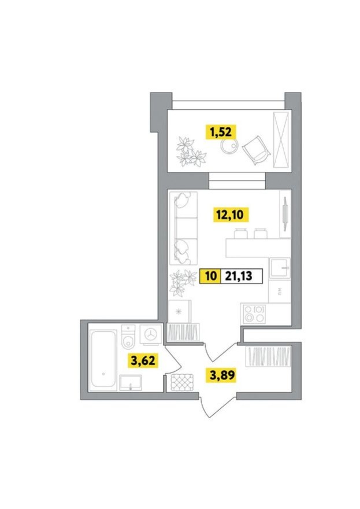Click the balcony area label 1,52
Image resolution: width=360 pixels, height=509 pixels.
(x=221, y=132)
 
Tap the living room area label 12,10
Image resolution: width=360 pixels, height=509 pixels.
(x=231, y=215)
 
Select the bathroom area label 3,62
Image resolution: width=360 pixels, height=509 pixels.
(x=143, y=360)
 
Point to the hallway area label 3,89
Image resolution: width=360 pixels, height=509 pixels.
(x=222, y=375)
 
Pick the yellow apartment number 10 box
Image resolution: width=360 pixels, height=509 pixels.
(x=210, y=276)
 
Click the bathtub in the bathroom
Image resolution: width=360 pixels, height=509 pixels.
(x=103, y=359)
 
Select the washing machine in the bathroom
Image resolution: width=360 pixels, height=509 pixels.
(x=151, y=334)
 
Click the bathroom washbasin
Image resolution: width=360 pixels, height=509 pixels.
(x=131, y=383)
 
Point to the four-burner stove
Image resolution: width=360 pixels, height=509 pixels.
(x=253, y=314)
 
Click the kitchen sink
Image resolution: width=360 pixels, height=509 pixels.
(x=280, y=268)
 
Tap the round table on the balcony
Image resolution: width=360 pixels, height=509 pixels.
(x=229, y=147)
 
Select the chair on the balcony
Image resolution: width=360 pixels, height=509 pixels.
(x=256, y=150)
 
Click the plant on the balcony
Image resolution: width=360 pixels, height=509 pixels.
(x=190, y=152)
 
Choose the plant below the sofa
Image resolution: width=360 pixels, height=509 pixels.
(x=183, y=283)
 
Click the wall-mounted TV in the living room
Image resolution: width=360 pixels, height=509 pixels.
(x=285, y=214)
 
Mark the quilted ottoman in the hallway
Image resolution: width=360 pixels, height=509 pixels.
(x=182, y=382)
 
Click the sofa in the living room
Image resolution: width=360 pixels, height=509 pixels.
(x=183, y=228)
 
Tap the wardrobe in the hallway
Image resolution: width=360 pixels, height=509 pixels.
(x=268, y=356)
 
